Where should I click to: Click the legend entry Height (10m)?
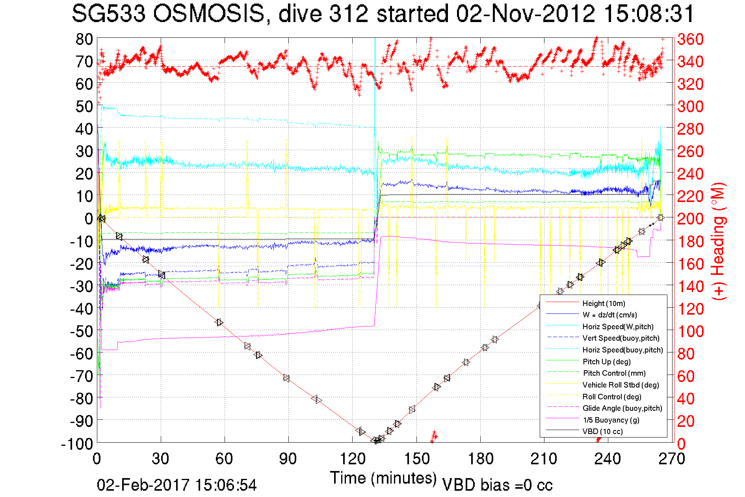(604, 303)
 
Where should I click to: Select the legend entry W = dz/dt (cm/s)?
(609, 315)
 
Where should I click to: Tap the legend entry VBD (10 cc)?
(602, 431)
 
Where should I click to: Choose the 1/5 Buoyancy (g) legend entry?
(611, 420)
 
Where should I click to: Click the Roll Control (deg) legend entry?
(612, 397)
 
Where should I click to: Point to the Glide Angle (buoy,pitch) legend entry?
(622, 408)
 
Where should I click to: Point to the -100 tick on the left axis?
(77, 444)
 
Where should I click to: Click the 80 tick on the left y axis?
(84, 39)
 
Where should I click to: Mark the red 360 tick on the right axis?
(690, 39)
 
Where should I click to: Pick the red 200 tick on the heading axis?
(690, 219)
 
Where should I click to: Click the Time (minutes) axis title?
(383, 478)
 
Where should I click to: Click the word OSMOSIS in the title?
(209, 14)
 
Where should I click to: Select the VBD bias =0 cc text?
(497, 485)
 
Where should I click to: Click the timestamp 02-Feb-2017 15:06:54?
(177, 485)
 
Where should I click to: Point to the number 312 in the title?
(348, 14)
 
